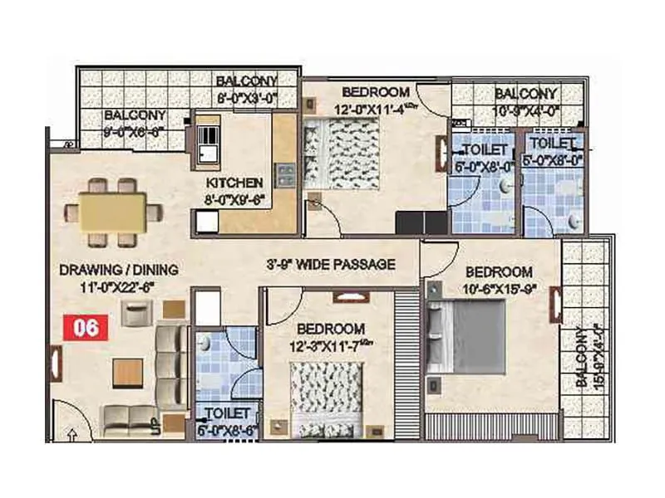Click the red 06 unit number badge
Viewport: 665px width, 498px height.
point(86,327)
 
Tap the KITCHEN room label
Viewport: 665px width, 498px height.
point(235,183)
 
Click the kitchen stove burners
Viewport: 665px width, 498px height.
point(285,175)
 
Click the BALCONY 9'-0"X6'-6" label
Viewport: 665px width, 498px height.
point(135,123)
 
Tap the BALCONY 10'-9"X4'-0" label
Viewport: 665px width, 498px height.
point(525,100)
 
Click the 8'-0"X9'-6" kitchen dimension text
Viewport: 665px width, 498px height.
point(235,198)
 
